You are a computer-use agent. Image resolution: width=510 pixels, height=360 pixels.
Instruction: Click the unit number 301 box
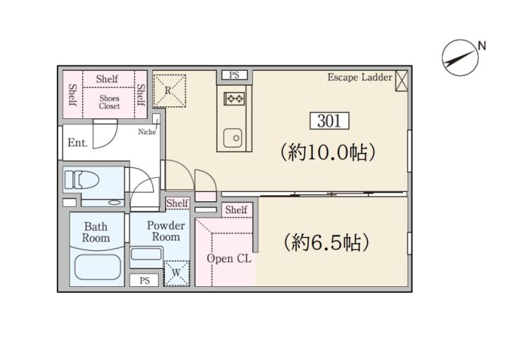click(x=329, y=120)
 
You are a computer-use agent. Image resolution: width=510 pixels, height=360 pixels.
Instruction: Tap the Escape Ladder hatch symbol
click(x=402, y=80)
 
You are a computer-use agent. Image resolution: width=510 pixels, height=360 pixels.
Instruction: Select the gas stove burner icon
click(x=234, y=99)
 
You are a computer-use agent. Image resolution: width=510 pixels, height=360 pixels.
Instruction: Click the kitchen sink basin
click(x=232, y=137)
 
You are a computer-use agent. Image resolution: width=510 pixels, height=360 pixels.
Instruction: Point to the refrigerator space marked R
click(x=169, y=91)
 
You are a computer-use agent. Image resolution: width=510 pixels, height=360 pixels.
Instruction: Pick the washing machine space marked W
click(x=176, y=274)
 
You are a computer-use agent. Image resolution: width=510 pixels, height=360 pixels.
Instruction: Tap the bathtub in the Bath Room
click(x=98, y=267)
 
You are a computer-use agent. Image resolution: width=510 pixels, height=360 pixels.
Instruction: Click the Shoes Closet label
click(x=109, y=102)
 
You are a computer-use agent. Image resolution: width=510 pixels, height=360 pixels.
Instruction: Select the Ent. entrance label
click(x=78, y=142)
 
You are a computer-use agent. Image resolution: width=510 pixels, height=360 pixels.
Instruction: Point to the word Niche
click(x=147, y=132)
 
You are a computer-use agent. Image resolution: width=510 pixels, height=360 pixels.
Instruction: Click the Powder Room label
click(x=166, y=231)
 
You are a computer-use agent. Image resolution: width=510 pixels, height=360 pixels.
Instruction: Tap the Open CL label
click(x=229, y=259)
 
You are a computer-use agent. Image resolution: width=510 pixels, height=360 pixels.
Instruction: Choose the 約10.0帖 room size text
click(x=328, y=152)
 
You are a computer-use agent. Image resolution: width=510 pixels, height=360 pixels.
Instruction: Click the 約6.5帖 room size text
click(x=327, y=242)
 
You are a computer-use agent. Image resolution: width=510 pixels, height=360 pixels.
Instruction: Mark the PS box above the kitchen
click(x=234, y=75)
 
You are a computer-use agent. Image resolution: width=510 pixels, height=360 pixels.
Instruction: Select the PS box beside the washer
click(x=144, y=280)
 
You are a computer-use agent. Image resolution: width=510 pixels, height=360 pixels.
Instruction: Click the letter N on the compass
click(x=482, y=46)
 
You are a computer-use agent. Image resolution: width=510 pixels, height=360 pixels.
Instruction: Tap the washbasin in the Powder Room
click(x=147, y=254)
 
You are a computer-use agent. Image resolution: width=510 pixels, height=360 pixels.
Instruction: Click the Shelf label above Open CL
click(x=236, y=210)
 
